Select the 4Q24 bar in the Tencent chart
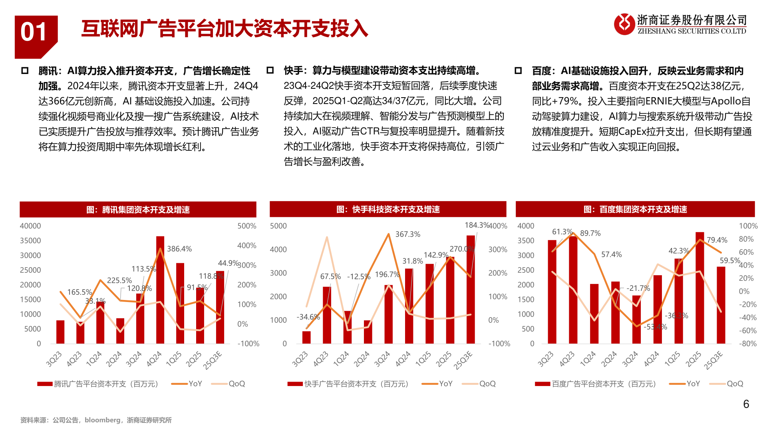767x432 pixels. coord(160,290)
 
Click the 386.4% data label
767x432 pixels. coord(179,249)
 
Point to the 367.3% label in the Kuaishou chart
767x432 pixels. coord(408,234)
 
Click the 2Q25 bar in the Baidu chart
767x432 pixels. coord(699,288)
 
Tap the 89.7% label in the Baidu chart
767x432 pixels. coord(590,233)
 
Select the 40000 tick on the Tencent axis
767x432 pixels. coord(30,226)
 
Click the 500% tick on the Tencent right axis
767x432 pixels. coord(247,226)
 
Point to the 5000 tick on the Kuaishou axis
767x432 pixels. coord(278,226)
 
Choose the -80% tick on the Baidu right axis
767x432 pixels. coord(748,344)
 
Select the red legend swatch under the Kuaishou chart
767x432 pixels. coord(295,384)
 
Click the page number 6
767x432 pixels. coord(746,404)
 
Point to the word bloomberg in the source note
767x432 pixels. coord(102,420)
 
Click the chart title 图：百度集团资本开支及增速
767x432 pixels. coord(635,209)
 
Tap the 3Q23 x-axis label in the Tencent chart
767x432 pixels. coord(54,359)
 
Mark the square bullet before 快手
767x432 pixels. coord(270,70)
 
